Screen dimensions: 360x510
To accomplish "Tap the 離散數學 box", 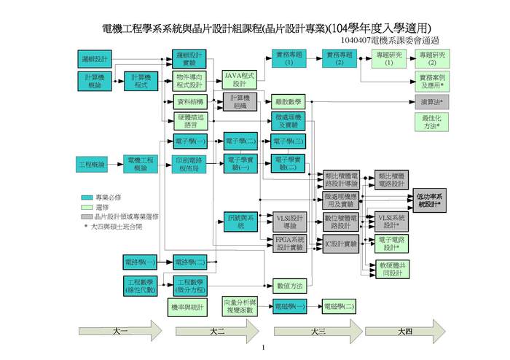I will (x=288, y=101).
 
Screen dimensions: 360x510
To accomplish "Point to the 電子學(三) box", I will (x=288, y=141).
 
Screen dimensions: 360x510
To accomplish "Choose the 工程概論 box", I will (x=93, y=165).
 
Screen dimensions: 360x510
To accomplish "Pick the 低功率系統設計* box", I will (x=429, y=201).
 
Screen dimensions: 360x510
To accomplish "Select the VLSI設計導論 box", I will (x=289, y=222).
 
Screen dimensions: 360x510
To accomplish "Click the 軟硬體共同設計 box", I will (x=393, y=269).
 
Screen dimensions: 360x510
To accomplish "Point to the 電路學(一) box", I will (x=141, y=261).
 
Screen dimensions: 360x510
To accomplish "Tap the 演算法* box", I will (x=432, y=101).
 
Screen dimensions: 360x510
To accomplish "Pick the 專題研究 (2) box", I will (x=433, y=58).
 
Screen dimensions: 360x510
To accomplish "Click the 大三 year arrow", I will (x=317, y=332).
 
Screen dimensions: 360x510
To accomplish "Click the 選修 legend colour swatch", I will (x=87, y=207).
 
